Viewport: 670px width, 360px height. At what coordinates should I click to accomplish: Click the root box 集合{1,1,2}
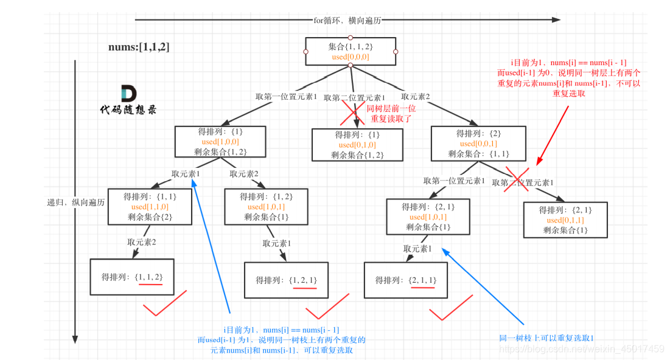[x=350, y=51]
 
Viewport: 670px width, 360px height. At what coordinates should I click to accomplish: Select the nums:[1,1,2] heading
[x=139, y=47]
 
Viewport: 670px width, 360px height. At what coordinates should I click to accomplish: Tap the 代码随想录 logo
[x=128, y=100]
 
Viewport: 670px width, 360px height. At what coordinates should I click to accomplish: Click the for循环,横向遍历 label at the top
[x=347, y=21]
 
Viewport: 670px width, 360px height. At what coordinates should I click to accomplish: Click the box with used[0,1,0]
[x=357, y=145]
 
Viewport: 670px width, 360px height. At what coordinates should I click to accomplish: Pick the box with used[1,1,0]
[x=150, y=207]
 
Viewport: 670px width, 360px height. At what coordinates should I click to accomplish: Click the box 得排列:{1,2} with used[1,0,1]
[x=267, y=207]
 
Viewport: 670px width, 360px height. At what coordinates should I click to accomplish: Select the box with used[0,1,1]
[x=565, y=220]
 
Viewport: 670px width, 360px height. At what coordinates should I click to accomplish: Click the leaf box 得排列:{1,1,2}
[x=132, y=277]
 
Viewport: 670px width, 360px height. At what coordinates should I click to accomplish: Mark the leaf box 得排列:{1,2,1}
[x=286, y=280]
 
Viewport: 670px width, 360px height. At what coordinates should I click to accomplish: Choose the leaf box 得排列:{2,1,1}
[x=405, y=280]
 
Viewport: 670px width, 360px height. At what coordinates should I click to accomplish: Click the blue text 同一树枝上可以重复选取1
[x=546, y=338]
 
